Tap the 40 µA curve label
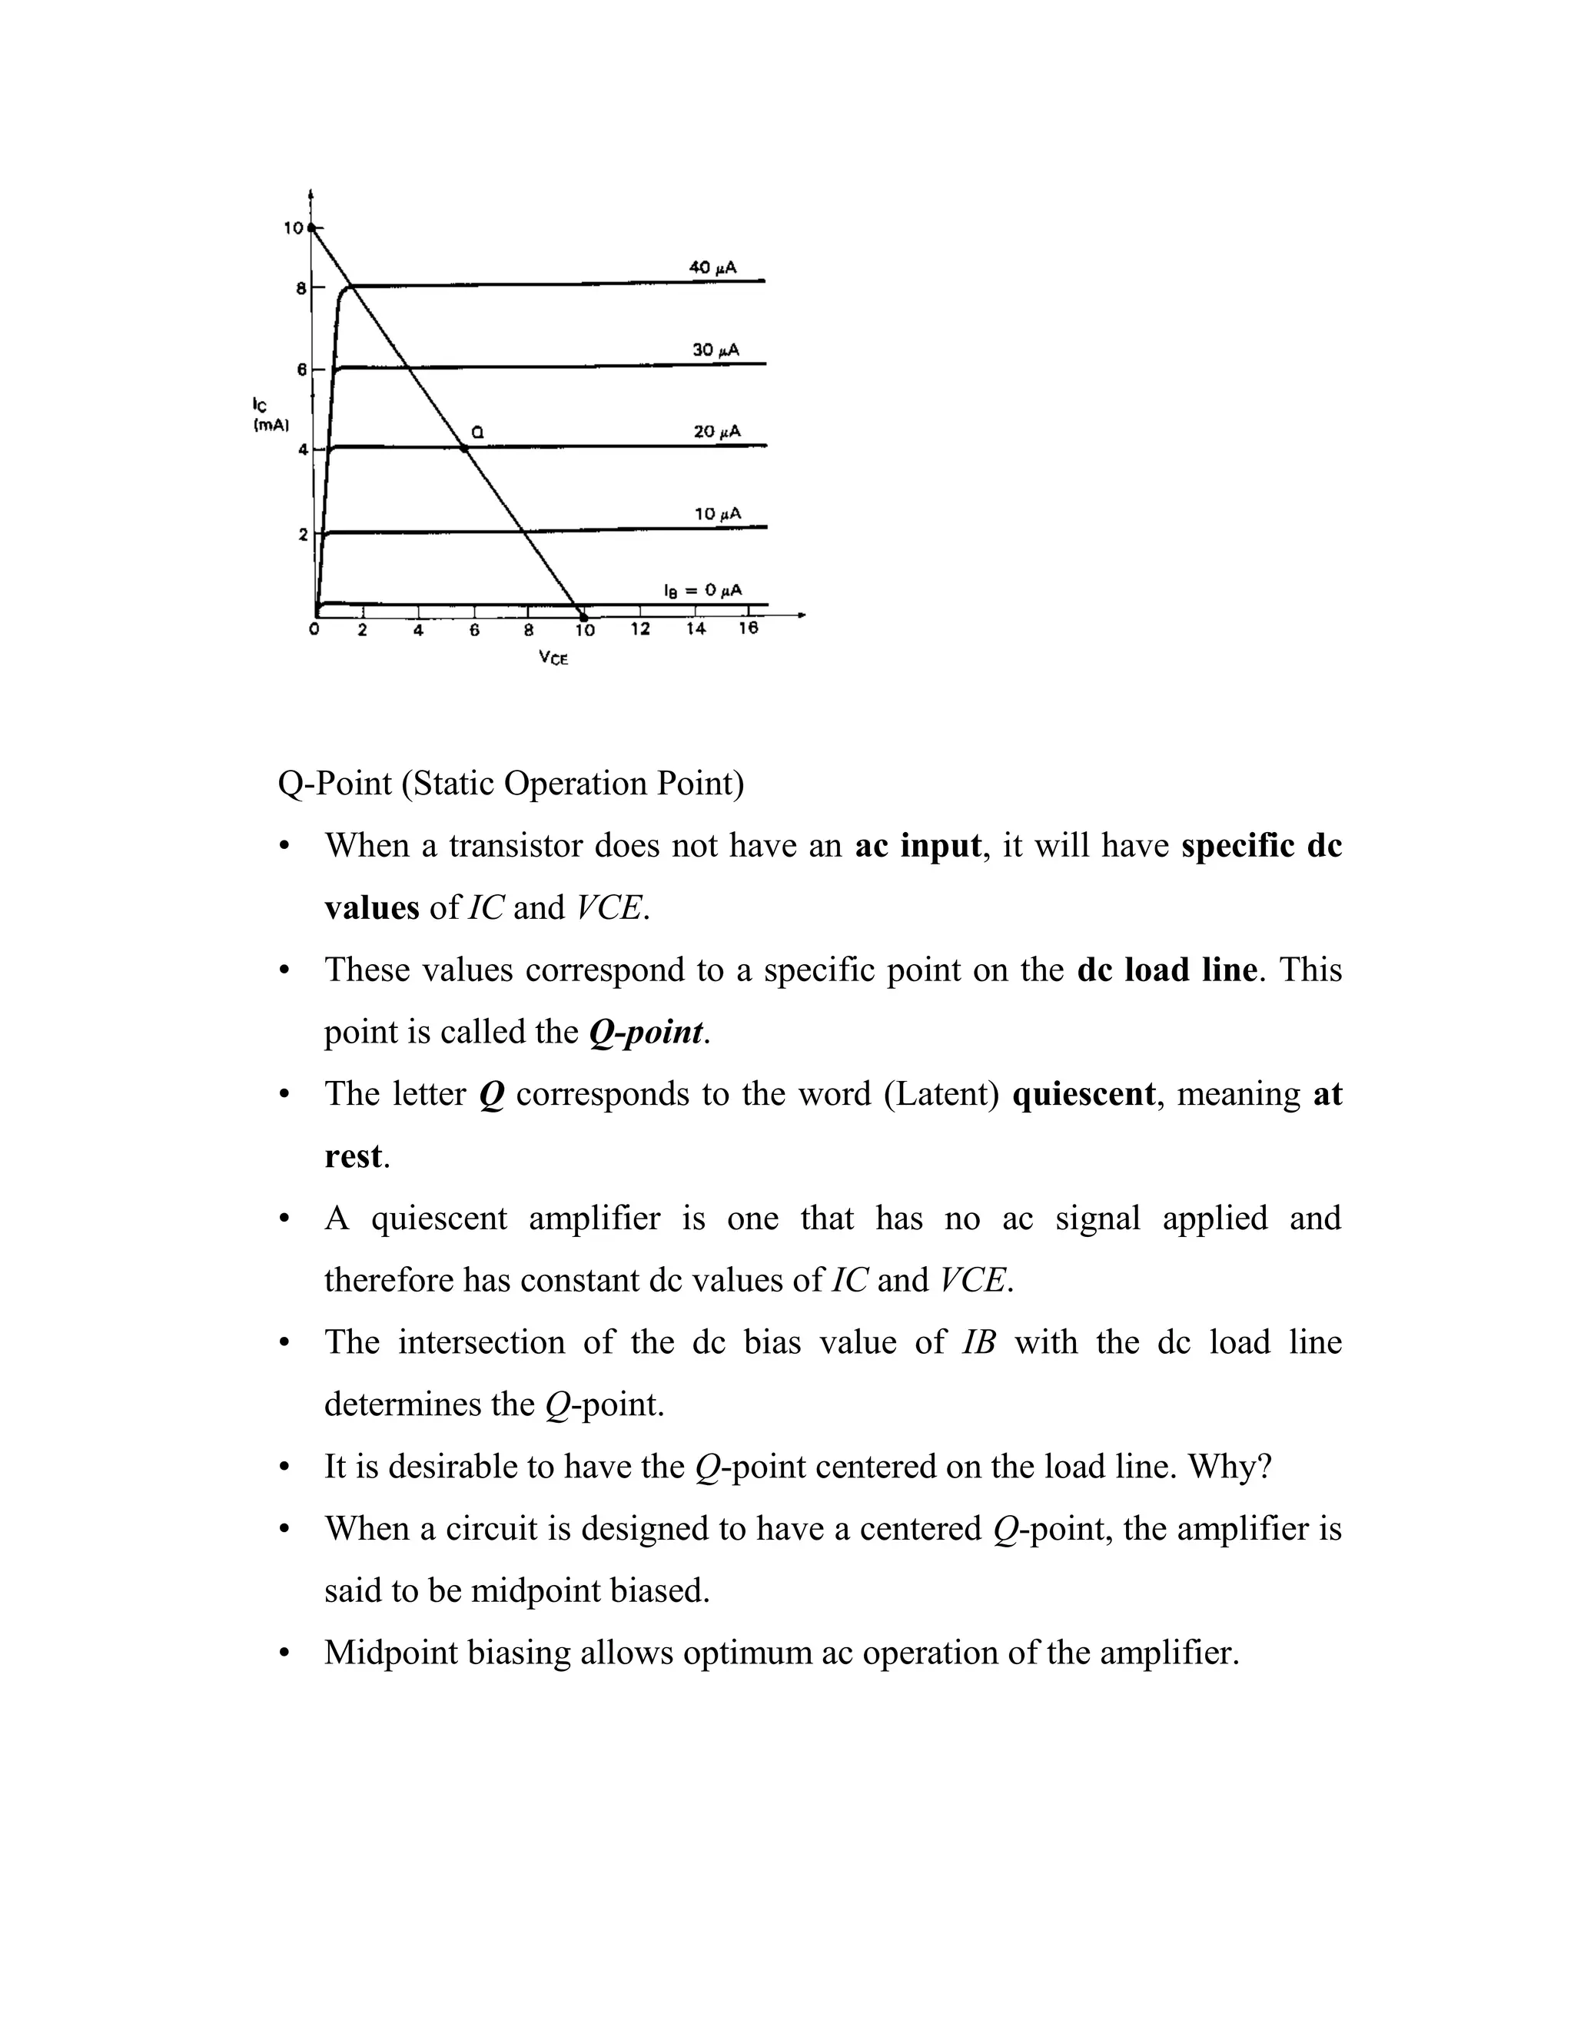point(713,267)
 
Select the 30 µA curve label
point(716,350)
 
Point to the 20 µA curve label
point(717,432)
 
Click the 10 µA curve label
point(717,514)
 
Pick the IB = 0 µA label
point(702,590)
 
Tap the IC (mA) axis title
point(270,415)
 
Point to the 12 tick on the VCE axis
point(639,629)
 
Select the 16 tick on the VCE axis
point(748,628)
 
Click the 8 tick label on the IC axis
point(301,289)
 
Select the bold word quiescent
point(1084,1094)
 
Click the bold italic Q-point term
point(646,1033)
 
